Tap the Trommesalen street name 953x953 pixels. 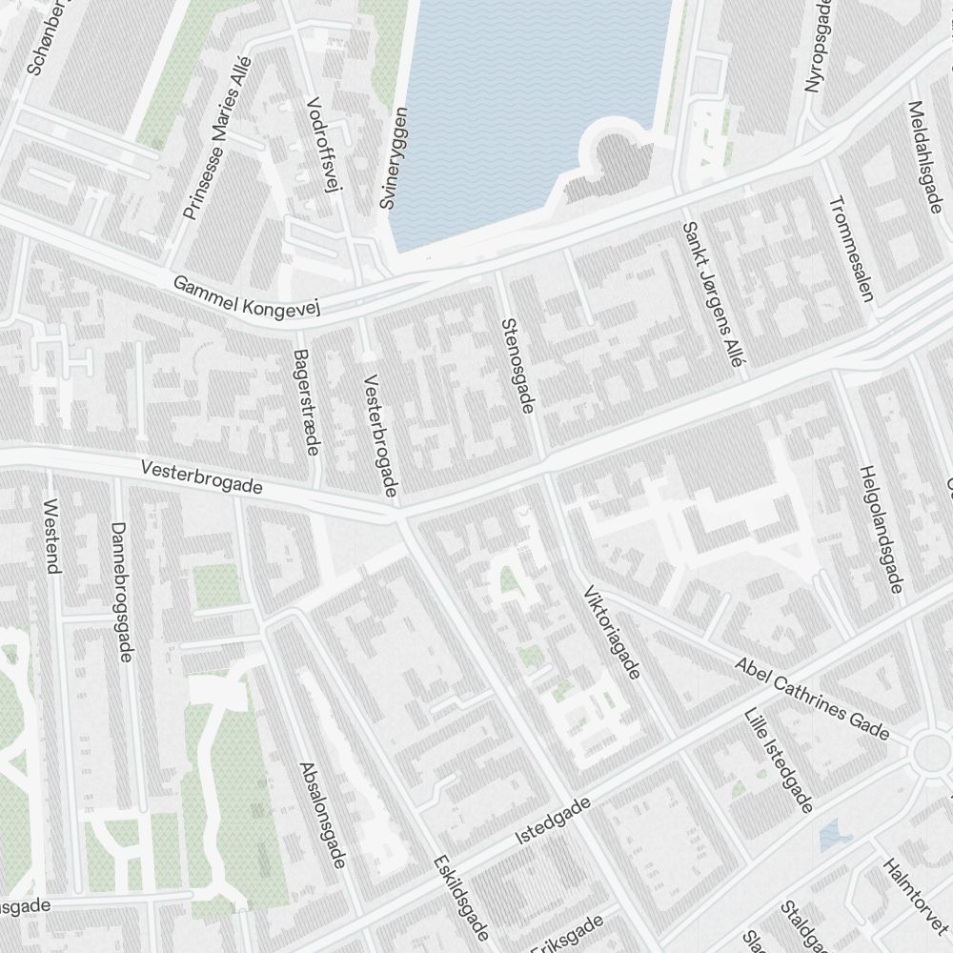(852, 249)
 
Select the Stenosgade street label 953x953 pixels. (516, 366)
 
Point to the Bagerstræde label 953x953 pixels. (307, 402)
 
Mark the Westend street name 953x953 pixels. (53, 536)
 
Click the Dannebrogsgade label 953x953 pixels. (121, 591)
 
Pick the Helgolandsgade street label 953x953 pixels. (880, 530)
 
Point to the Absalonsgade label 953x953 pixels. (321, 815)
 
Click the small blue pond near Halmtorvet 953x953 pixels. (835, 835)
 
